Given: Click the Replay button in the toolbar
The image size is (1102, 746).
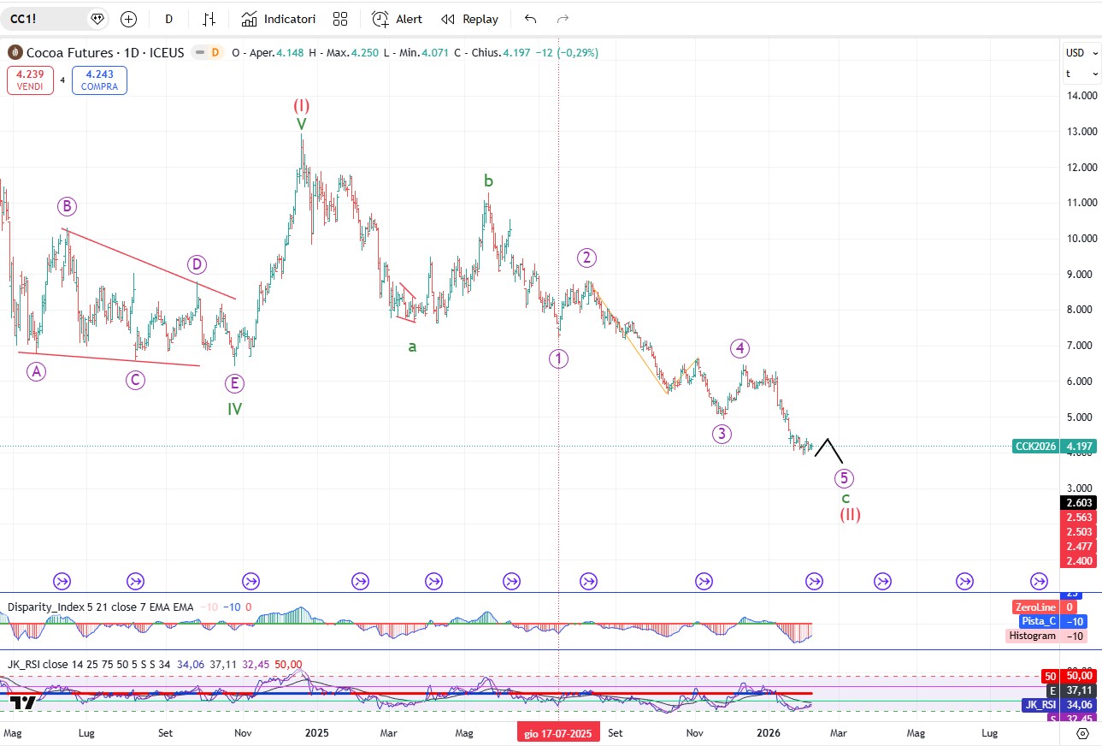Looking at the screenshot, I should pos(469,19).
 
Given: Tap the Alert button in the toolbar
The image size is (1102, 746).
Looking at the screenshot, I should pos(398,19).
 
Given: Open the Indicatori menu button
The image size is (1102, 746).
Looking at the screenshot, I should pos(279,19).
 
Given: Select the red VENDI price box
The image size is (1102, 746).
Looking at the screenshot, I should pos(30,80).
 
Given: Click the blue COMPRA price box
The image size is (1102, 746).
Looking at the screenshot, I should pos(99,80).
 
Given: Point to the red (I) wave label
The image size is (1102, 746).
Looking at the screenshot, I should pos(302,105).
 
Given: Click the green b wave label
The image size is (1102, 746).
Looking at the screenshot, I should pos(488,181).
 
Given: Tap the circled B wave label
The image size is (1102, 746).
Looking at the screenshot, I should pos(68,206).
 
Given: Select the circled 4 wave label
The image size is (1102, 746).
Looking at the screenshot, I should pos(740,348).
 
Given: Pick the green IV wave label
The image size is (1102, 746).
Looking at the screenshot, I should pos(235,409).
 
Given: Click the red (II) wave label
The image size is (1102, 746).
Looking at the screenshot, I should pos(849,514).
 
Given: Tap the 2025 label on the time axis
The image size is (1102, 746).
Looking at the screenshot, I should pos(317,733).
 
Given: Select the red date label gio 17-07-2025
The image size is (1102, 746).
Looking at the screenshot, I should pos(558,733).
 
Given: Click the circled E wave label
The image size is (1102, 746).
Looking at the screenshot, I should pos(233,382).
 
